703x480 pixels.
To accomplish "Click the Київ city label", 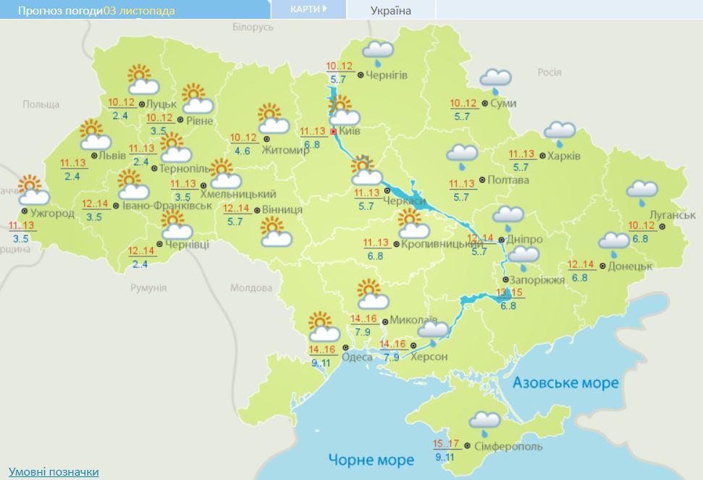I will (x=352, y=132).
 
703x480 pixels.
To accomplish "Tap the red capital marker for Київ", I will (x=333, y=132).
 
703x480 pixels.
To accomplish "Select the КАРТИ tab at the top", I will (x=308, y=9).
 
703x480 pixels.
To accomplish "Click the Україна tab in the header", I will (x=390, y=10).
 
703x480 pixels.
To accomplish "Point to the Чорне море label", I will (x=371, y=460).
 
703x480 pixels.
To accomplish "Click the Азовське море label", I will (x=565, y=382).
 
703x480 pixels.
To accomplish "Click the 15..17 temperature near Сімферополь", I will (x=446, y=445).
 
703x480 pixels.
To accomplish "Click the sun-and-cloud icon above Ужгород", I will (x=32, y=190).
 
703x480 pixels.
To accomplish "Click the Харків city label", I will (x=563, y=156).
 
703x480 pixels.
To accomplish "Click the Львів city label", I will (x=114, y=155).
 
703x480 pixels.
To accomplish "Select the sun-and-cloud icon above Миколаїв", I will (x=371, y=295).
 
